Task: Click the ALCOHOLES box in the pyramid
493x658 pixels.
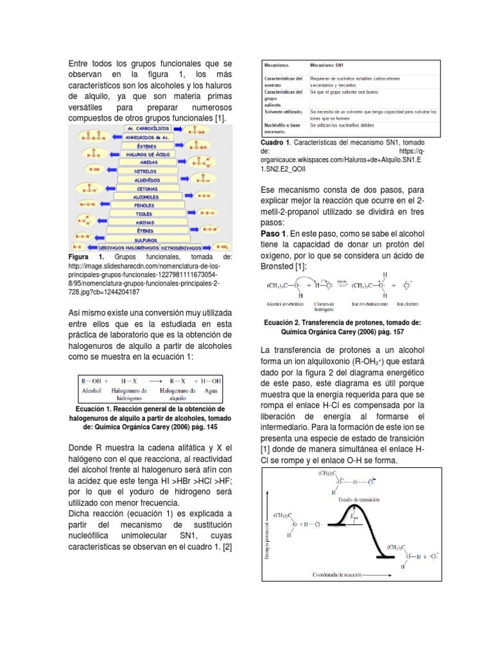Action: (x=146, y=196)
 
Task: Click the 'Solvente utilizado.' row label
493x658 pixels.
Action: (x=285, y=112)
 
